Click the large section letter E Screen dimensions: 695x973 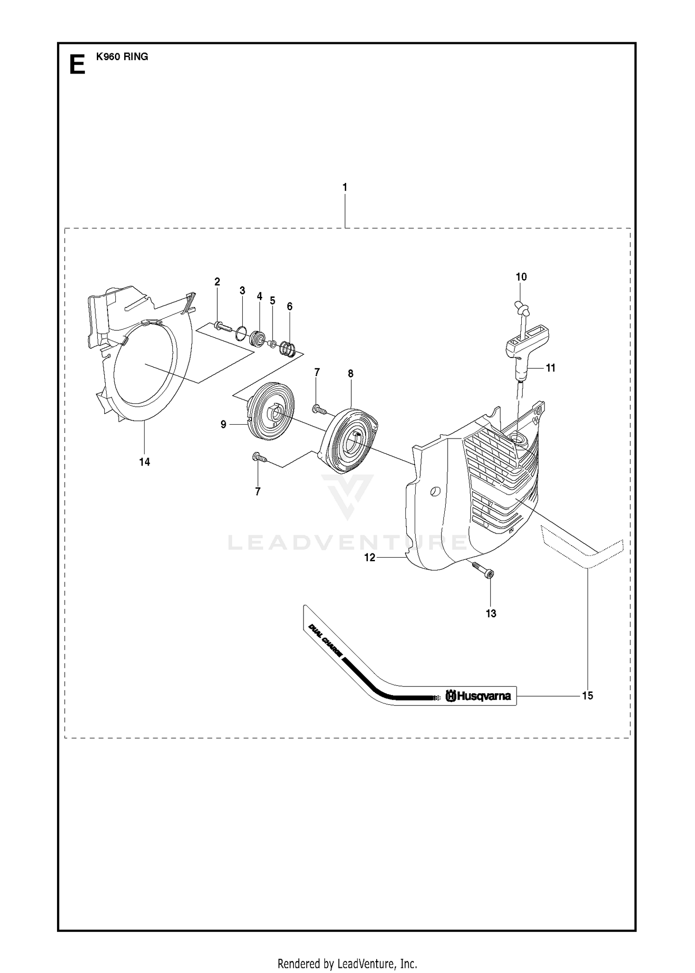tap(77, 64)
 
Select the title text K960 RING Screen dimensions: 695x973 tap(122, 56)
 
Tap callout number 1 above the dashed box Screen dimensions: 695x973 tap(345, 187)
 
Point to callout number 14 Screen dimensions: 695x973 tap(145, 462)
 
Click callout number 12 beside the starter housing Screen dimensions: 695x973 tap(370, 558)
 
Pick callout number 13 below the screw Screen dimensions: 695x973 tap(491, 613)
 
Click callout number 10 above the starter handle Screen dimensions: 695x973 tap(521, 277)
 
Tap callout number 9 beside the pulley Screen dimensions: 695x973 tap(223, 424)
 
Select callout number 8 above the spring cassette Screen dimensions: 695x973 tap(351, 373)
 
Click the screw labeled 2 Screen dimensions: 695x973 tap(223, 326)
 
